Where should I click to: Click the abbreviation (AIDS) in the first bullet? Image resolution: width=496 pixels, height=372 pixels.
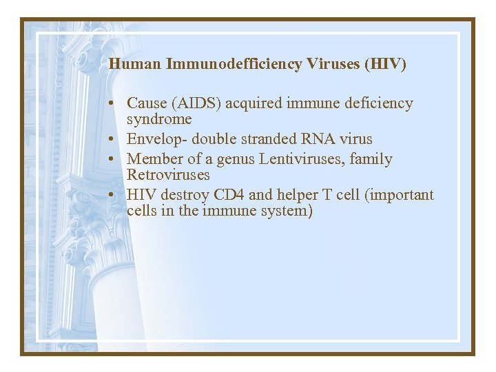(195, 103)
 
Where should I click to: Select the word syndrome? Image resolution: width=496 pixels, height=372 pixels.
(159, 118)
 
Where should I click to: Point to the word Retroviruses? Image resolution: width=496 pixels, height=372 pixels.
(168, 174)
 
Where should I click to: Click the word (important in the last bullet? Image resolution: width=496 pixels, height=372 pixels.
(400, 195)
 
